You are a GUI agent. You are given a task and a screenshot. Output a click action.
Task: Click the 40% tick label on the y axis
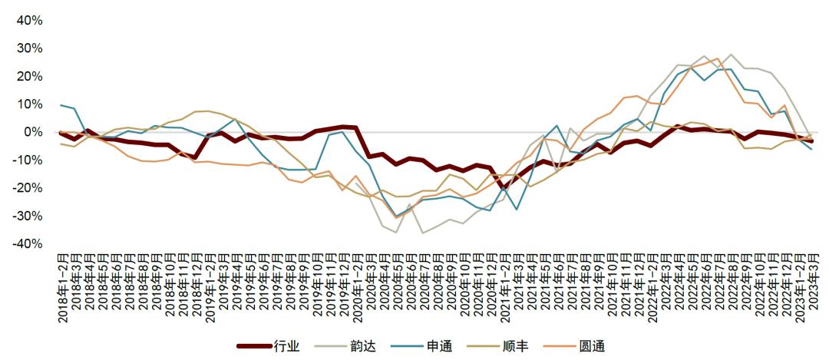[29, 21]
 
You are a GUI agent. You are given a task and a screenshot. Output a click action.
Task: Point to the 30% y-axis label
[29, 48]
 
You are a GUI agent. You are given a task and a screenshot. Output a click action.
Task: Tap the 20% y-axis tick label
[29, 76]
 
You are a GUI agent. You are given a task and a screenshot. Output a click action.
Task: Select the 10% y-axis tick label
[29, 104]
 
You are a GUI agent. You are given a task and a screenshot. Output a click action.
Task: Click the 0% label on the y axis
[32, 132]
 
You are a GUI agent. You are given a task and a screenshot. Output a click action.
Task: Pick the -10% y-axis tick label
[28, 160]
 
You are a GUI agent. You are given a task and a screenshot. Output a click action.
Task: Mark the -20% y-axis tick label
[28, 188]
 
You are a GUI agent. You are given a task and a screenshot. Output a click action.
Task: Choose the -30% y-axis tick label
[28, 216]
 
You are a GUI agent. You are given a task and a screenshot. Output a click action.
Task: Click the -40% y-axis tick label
[28, 243]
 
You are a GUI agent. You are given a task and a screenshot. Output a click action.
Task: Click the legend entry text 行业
[286, 346]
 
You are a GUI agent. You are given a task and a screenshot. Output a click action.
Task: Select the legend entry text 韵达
[364, 346]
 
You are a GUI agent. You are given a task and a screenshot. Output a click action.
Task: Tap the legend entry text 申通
[440, 346]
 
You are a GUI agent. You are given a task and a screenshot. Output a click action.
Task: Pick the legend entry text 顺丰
[516, 346]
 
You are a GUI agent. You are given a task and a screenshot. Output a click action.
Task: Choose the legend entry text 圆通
[593, 346]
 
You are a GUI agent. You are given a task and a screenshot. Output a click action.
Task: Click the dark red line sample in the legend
[255, 346]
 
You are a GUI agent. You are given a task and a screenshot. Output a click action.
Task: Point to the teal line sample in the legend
[408, 346]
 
